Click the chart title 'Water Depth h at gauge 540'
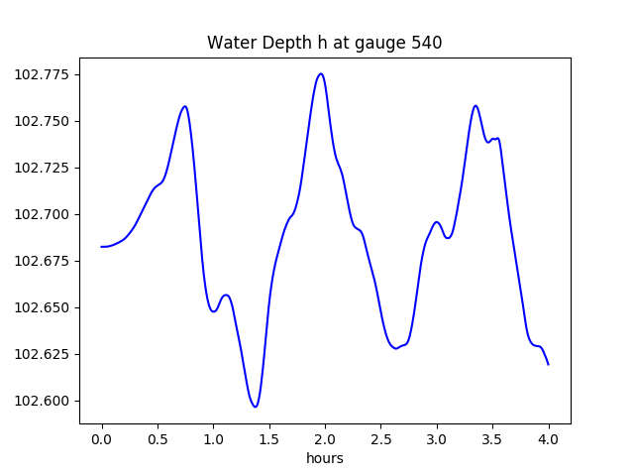pyautogui.click(x=324, y=43)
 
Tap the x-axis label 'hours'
pyautogui.click(x=324, y=458)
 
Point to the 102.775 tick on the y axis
pyautogui.click(x=47, y=74)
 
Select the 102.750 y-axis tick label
pyautogui.click(x=47, y=121)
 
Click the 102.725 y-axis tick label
pyautogui.click(x=47, y=168)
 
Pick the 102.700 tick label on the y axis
pyautogui.click(x=47, y=214)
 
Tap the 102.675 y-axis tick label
pyautogui.click(x=47, y=261)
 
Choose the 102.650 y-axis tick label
pyautogui.click(x=47, y=307)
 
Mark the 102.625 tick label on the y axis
pyautogui.click(x=47, y=354)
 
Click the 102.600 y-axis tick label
pyautogui.click(x=47, y=401)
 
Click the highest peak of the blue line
pyautogui.click(x=320, y=73)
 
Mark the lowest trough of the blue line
pyautogui.click(x=256, y=407)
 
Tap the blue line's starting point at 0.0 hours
pyautogui.click(x=102, y=247)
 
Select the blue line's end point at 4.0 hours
pyautogui.click(x=548, y=364)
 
